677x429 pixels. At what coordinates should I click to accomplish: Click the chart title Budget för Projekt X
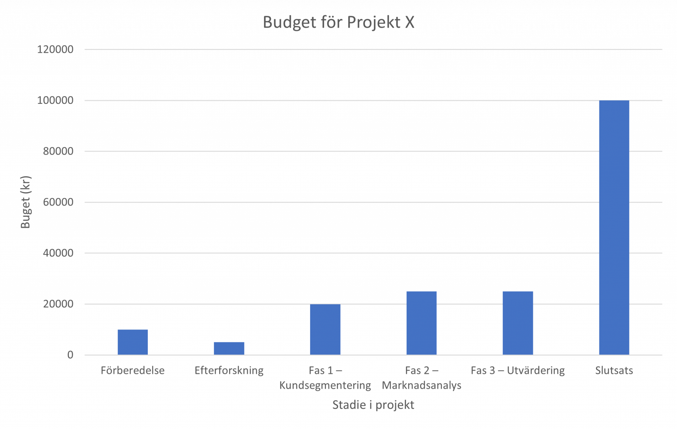338,23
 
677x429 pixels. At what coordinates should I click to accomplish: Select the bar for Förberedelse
133,342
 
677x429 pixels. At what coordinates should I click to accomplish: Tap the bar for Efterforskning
229,348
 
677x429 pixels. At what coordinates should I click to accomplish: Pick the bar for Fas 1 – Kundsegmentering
325,329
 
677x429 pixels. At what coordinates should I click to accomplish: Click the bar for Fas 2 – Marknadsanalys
421,323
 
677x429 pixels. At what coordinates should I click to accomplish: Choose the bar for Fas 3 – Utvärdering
518,323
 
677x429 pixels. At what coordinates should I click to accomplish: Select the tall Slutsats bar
614,228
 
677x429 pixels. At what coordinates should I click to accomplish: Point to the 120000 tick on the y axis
55,50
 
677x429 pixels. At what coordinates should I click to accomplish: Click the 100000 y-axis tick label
55,101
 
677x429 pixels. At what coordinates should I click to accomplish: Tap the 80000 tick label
58,151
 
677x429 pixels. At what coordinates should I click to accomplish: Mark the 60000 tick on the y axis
58,202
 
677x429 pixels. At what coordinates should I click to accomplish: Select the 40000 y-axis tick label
58,253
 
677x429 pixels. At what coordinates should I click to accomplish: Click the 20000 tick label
58,304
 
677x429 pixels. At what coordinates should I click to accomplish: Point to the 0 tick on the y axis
70,355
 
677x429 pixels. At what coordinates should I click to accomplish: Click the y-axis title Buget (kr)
26,202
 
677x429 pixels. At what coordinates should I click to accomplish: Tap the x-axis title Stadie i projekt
373,405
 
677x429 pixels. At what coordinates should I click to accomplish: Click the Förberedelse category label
133,370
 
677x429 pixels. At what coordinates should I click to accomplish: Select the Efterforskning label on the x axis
229,370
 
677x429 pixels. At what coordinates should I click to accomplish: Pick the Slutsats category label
614,370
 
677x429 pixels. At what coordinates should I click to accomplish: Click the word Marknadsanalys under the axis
422,386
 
